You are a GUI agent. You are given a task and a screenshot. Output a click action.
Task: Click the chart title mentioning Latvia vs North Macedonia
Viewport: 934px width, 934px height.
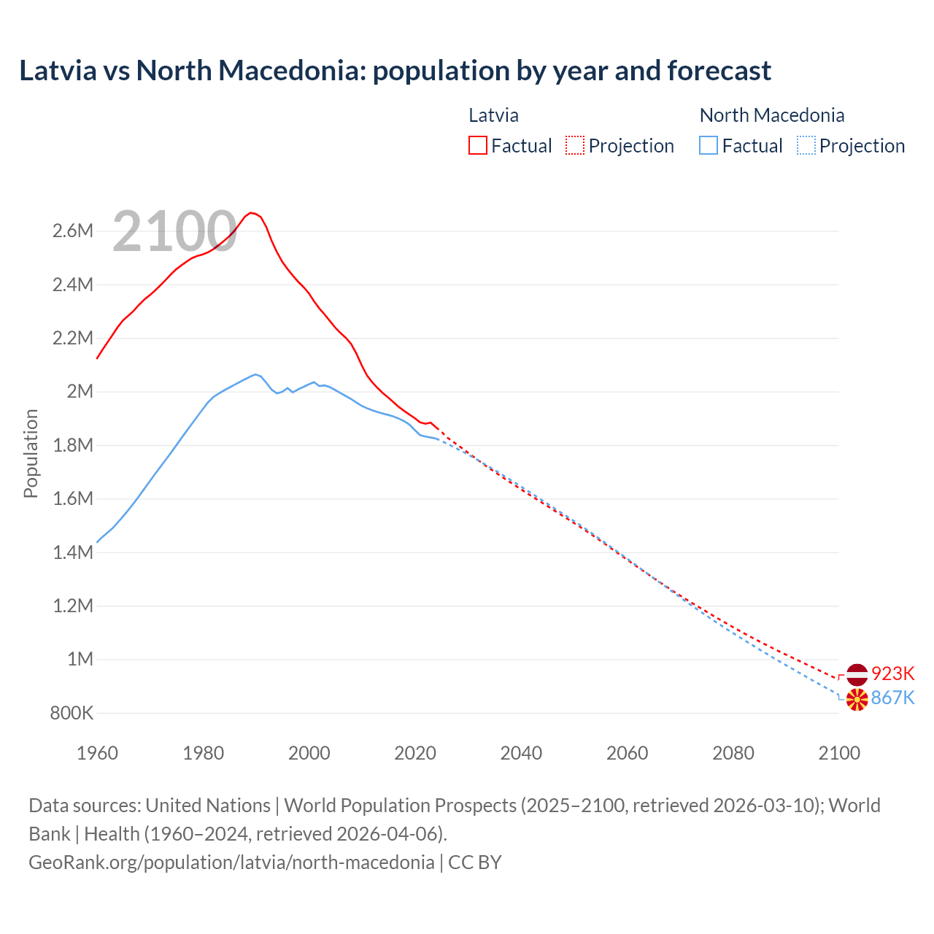(395, 71)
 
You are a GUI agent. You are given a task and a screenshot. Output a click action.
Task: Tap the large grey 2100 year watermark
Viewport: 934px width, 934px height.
(174, 231)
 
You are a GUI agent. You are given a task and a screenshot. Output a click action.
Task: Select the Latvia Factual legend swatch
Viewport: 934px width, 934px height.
(477, 145)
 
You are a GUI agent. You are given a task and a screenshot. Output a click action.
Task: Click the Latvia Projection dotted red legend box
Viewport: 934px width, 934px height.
(575, 145)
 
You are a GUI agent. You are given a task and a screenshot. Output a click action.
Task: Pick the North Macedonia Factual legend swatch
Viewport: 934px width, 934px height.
(708, 145)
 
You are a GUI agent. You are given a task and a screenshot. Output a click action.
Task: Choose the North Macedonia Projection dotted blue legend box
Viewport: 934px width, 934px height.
(806, 145)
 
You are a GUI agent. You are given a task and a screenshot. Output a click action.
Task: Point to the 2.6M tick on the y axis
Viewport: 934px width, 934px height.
(73, 231)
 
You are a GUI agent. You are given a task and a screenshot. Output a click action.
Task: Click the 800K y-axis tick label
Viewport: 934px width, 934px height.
(72, 713)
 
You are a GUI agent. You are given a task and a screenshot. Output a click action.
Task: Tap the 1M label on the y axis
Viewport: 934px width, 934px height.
(80, 660)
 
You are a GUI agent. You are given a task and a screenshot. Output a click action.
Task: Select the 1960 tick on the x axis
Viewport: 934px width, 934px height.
(97, 753)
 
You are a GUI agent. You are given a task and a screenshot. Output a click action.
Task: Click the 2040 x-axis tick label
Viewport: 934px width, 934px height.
(521, 753)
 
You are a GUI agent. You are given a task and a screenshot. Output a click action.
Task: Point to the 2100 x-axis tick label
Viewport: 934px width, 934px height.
(839, 753)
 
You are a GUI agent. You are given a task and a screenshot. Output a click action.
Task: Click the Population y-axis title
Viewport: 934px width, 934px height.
(31, 453)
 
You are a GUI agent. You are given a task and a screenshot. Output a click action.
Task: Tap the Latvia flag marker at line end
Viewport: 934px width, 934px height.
(857, 674)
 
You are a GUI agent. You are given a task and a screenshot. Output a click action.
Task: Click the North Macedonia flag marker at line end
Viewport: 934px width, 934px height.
(857, 699)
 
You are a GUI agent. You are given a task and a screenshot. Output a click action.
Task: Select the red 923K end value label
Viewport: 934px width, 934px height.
(893, 674)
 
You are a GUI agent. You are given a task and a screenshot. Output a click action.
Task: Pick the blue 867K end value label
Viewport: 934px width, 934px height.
(893, 698)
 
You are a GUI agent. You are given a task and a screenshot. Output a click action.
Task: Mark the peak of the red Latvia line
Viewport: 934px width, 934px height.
(251, 212)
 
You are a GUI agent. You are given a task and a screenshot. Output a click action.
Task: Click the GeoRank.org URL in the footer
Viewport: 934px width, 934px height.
(231, 862)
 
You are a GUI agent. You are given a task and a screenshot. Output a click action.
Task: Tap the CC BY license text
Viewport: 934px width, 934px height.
(475, 862)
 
